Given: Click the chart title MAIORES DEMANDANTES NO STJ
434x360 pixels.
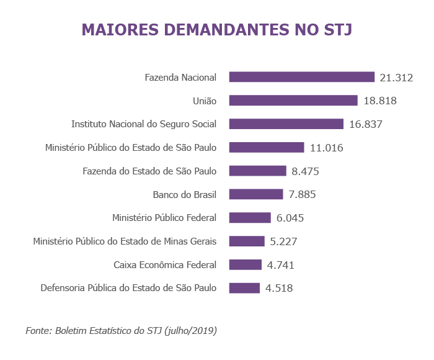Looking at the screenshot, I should [217, 30].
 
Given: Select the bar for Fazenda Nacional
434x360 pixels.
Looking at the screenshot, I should [302, 77].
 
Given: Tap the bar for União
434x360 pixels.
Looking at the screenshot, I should [293, 101].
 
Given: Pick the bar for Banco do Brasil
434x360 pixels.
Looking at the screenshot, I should [256, 194].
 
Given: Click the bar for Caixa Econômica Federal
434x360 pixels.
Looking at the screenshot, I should [246, 265].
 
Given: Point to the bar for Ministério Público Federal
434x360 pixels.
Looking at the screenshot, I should [250, 218].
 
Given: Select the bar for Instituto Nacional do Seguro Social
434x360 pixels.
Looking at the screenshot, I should [286, 124].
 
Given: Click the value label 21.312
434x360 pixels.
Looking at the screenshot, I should [396, 78].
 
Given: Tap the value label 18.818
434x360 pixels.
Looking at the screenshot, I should [379, 101].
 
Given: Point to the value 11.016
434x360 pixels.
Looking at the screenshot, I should [326, 148].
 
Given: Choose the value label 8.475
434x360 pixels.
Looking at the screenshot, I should [305, 171].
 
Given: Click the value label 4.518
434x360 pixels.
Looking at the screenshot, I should [279, 288].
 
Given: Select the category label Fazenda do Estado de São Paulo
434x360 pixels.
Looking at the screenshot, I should [149, 171].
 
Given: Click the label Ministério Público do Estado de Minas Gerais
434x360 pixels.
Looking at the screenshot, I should [125, 241].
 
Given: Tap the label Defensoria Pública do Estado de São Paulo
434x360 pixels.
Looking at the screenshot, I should [128, 288].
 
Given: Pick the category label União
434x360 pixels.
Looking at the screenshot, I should [205, 101].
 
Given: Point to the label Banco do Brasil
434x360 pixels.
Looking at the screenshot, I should [185, 194].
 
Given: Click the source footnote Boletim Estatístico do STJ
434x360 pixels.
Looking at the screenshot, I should [121, 331].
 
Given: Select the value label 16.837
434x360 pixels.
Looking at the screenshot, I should [365, 124].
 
